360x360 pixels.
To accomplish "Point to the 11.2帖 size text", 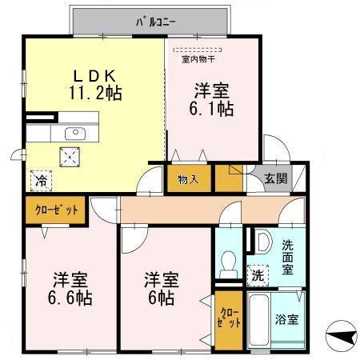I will coord(94,93).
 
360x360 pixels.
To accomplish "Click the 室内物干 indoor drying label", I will coord(198,59).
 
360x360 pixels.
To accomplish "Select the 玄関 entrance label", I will coord(274,178).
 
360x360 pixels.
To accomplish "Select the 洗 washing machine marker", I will coord(256,275).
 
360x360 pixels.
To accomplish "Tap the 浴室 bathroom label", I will coord(286,319).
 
